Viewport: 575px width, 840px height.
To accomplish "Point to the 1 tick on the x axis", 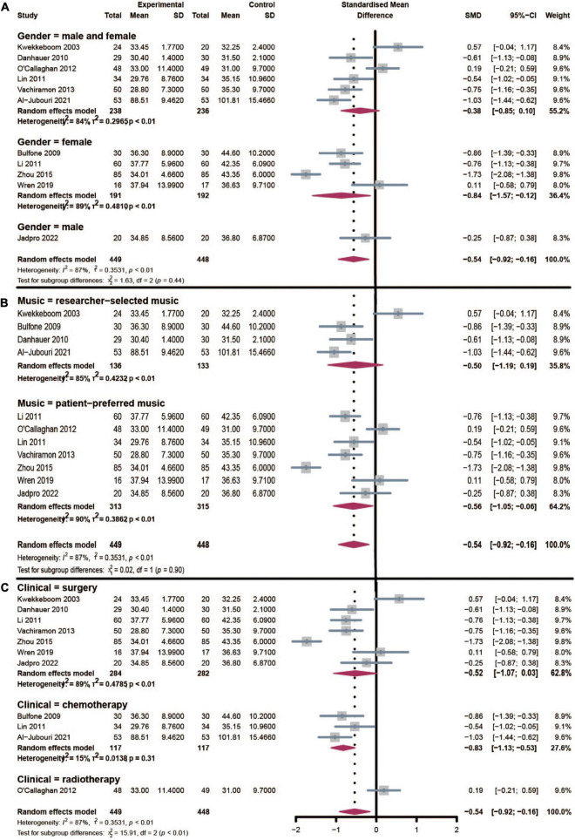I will pyautogui.click(x=416, y=828).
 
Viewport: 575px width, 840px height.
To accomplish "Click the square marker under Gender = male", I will pyautogui.click(x=366, y=237).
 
